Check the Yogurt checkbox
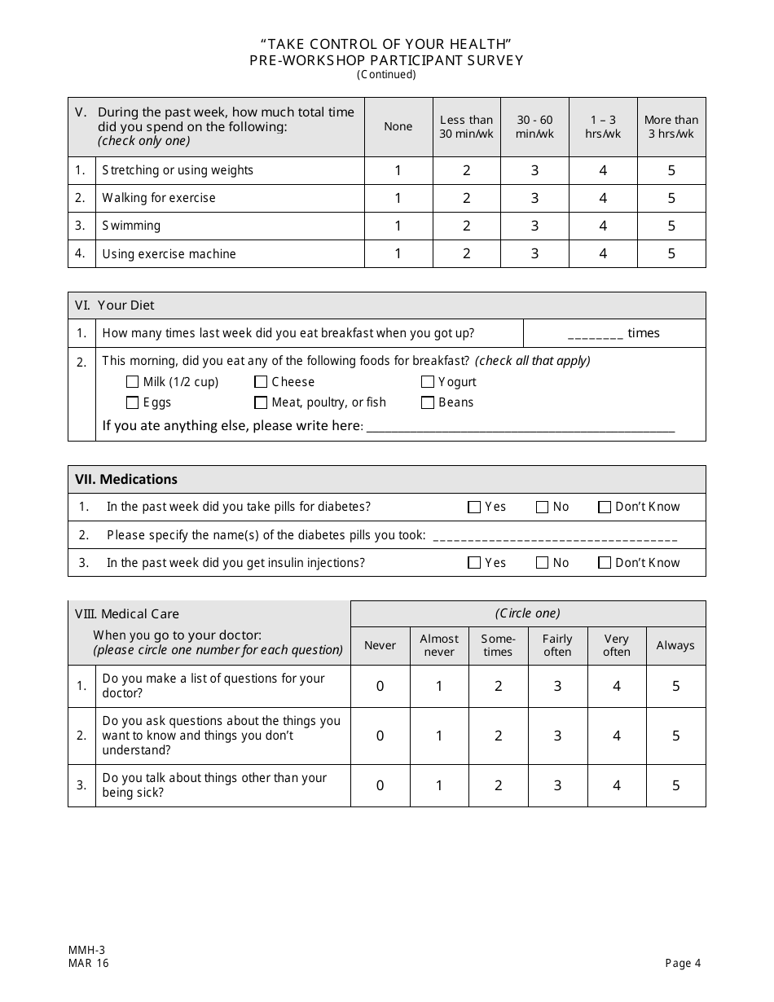click(428, 382)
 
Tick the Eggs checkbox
click(132, 402)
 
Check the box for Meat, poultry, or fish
click(261, 402)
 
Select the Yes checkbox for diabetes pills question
click(474, 508)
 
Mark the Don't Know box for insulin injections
click(605, 563)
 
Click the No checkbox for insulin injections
click(542, 563)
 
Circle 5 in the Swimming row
click(671, 226)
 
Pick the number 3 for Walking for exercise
click(534, 198)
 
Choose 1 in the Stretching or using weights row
click(398, 170)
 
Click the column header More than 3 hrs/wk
click(671, 127)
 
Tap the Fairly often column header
click(557, 645)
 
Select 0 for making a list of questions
click(380, 686)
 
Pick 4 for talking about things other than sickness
click(616, 785)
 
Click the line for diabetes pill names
click(555, 538)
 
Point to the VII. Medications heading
click(126, 480)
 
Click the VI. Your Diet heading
click(115, 305)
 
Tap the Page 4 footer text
click(683, 963)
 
